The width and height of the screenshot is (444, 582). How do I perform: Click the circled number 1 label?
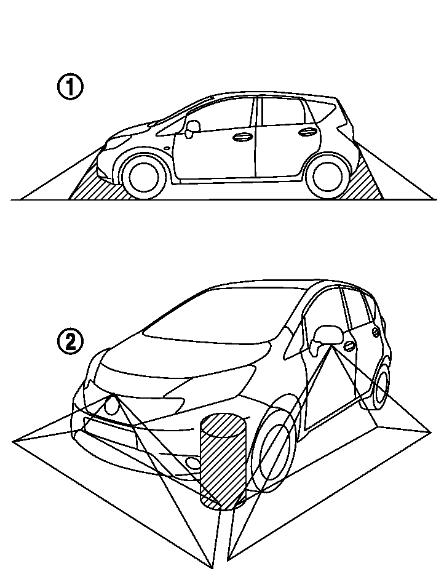pyautogui.click(x=70, y=87)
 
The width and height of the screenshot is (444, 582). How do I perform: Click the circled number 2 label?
pyautogui.click(x=70, y=341)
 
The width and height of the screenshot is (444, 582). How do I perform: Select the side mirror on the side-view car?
pyautogui.click(x=191, y=127)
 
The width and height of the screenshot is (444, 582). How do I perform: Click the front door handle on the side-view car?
pyautogui.click(x=241, y=137)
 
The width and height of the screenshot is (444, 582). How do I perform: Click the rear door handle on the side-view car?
pyautogui.click(x=307, y=131)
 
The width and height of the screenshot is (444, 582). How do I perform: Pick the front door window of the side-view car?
pyautogui.click(x=220, y=114)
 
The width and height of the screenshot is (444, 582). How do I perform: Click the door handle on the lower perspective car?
pyautogui.click(x=349, y=345)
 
